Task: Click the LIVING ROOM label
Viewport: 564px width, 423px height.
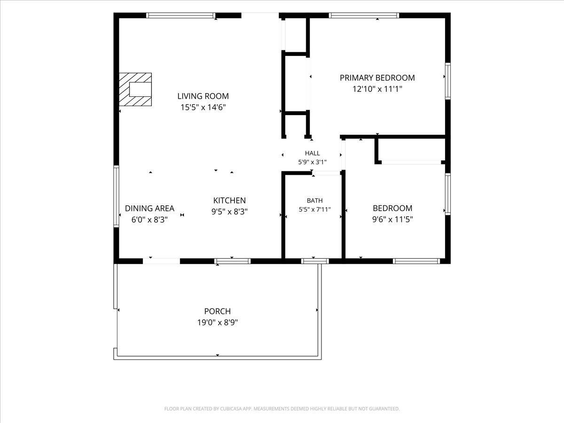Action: pyautogui.click(x=203, y=96)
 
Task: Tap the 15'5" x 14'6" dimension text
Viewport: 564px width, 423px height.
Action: pyautogui.click(x=203, y=107)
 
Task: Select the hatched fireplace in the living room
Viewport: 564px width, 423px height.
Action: pyautogui.click(x=135, y=89)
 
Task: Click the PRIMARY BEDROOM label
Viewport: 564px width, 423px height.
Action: pyautogui.click(x=377, y=78)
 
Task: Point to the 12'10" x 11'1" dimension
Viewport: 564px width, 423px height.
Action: pyautogui.click(x=377, y=89)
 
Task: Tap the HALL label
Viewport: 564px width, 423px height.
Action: pyautogui.click(x=313, y=153)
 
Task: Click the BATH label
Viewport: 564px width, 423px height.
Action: pyautogui.click(x=315, y=200)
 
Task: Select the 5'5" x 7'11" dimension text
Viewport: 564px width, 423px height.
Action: pyautogui.click(x=315, y=210)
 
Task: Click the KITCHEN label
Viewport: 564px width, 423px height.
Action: pyautogui.click(x=229, y=200)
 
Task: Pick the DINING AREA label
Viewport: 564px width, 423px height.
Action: pyautogui.click(x=149, y=208)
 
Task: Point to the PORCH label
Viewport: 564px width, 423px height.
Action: pyautogui.click(x=218, y=311)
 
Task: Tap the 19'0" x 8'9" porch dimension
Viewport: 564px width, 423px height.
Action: pyautogui.click(x=218, y=322)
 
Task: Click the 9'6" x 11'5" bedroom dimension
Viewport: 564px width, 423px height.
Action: pyautogui.click(x=392, y=219)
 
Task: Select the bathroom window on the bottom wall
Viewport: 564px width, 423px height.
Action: pyautogui.click(x=315, y=261)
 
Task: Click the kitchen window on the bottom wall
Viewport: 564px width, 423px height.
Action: pyautogui.click(x=233, y=261)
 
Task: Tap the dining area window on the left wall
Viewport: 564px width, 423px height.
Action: pyautogui.click(x=117, y=196)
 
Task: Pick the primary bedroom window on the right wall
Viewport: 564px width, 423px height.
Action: pyautogui.click(x=448, y=81)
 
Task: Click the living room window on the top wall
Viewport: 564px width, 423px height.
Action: pyautogui.click(x=181, y=16)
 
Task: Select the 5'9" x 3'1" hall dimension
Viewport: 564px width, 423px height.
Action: pyautogui.click(x=313, y=162)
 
